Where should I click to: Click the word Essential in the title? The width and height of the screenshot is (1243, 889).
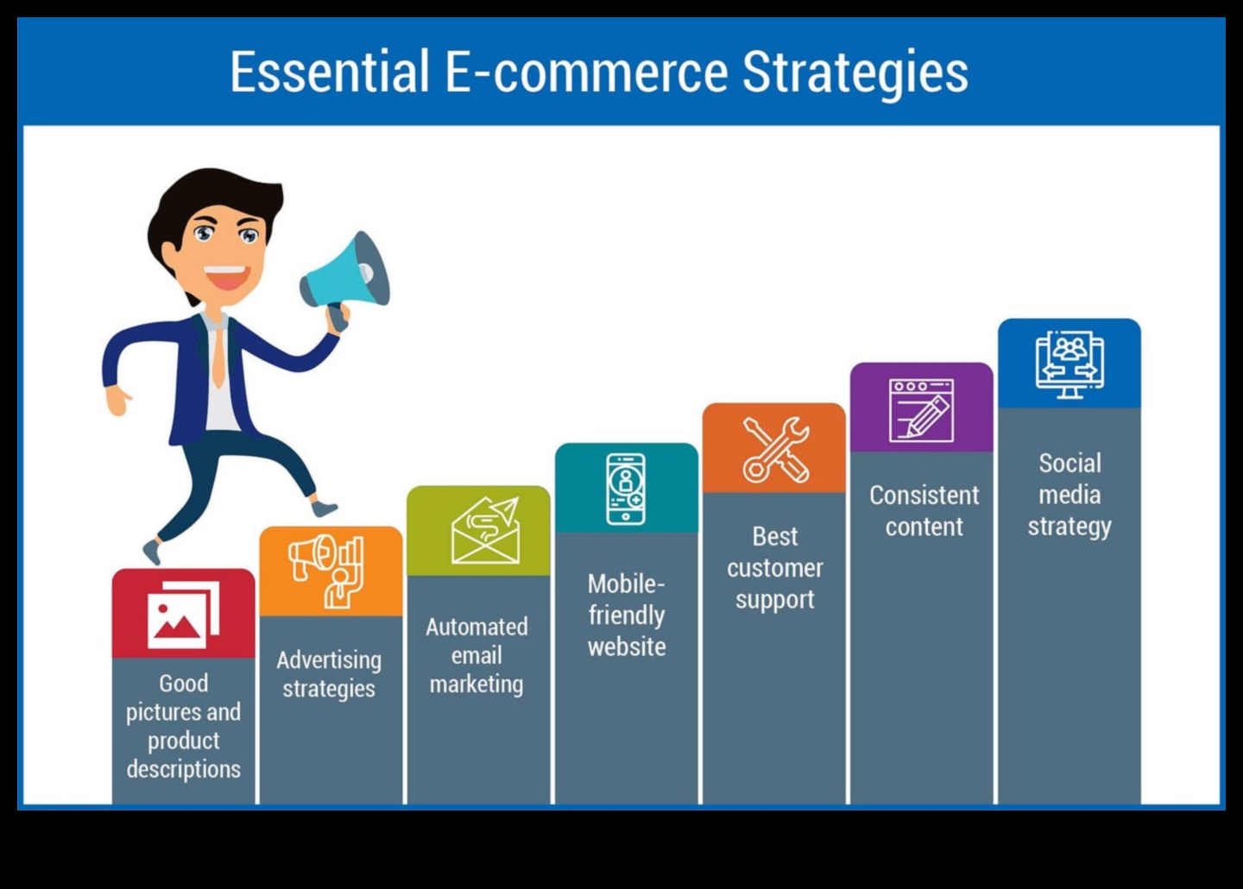pos(329,72)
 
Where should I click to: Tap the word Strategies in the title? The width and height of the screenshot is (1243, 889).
pos(855,72)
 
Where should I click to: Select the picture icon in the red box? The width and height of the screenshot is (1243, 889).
pos(183,615)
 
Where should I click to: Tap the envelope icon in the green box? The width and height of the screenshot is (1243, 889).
pos(485,531)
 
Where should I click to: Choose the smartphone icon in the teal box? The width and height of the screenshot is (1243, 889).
pos(626,489)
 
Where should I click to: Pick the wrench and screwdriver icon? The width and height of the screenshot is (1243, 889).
pos(775,449)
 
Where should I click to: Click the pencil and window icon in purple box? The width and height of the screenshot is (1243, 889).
pos(921,410)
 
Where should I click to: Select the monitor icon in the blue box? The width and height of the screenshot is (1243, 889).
pos(1069,363)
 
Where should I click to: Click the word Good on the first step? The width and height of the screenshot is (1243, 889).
pos(183,684)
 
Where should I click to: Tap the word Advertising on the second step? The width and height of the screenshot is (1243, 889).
pos(329,660)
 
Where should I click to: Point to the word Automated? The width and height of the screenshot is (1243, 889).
pos(476,627)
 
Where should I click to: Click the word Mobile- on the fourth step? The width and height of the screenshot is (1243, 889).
pos(626,584)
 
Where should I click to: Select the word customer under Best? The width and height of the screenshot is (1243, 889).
pos(774,568)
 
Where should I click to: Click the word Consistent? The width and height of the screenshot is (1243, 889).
pos(924,495)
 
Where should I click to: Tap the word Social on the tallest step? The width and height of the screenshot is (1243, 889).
pos(1069,463)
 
